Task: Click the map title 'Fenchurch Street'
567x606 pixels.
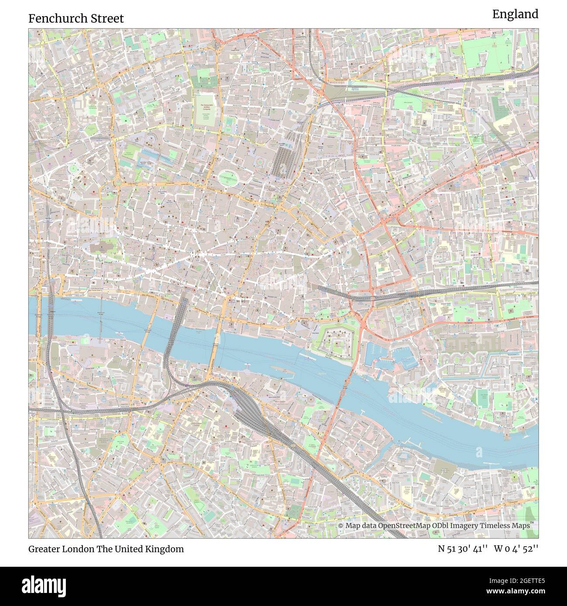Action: click(x=76, y=18)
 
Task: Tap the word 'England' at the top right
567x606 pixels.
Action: click(x=515, y=14)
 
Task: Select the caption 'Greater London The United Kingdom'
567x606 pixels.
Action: click(x=106, y=549)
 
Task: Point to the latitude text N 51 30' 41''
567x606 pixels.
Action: click(x=464, y=549)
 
